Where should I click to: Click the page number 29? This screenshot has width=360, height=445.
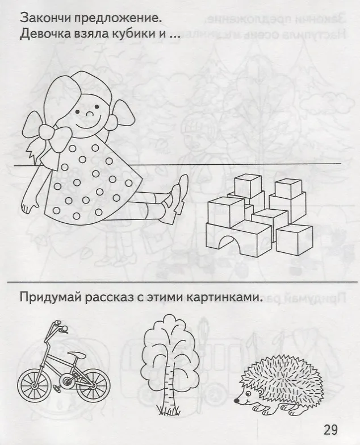pos(330,430)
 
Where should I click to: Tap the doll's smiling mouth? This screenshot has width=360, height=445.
pos(89,124)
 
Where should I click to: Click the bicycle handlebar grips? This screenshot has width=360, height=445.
pos(60,326)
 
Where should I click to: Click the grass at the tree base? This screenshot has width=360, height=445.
pos(169,410)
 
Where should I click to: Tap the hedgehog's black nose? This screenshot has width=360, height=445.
pos(236,401)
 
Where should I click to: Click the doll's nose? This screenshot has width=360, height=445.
pos(90,114)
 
